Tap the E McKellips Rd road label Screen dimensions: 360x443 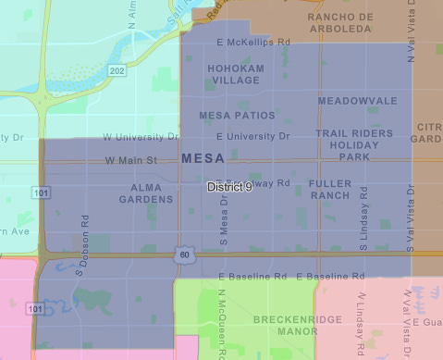point(252,43)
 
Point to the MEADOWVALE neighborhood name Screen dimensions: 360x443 point(357,100)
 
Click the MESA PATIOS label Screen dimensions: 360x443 point(238,116)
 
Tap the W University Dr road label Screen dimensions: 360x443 point(141,137)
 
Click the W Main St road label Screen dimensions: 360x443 point(132,159)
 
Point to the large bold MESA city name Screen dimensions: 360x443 point(203,158)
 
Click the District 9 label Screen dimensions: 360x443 point(229,187)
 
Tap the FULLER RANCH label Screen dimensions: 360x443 point(330,189)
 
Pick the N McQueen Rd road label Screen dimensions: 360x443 point(222,329)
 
